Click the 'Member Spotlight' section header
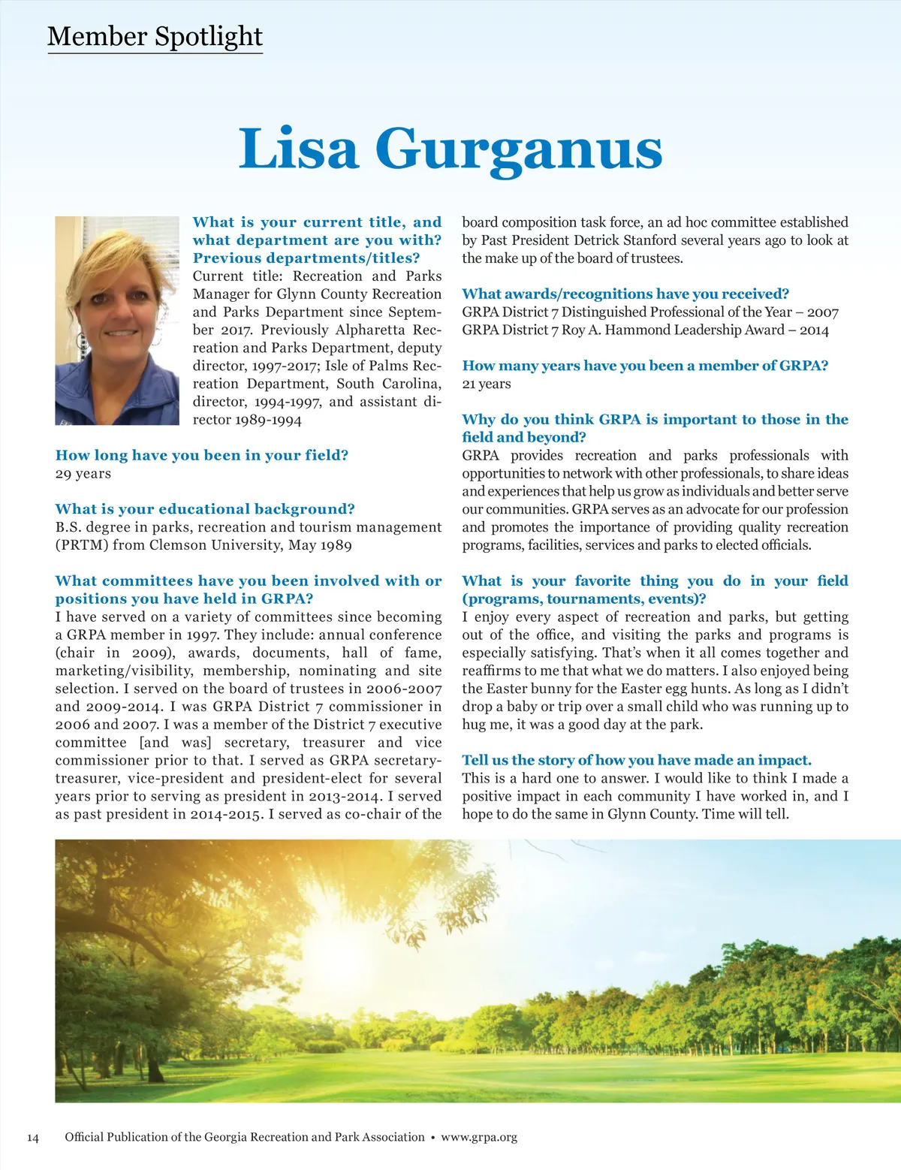click(155, 36)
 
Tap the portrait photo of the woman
click(117, 321)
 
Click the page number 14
click(33, 1137)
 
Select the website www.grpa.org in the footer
click(479, 1137)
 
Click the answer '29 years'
click(83, 473)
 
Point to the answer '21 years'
click(486, 384)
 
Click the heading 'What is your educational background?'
click(205, 509)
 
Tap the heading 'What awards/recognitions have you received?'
click(625, 294)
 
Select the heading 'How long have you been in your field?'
click(201, 455)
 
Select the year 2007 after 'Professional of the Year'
click(822, 312)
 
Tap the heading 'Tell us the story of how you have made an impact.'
click(636, 760)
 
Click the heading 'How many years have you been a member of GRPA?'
click(645, 366)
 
